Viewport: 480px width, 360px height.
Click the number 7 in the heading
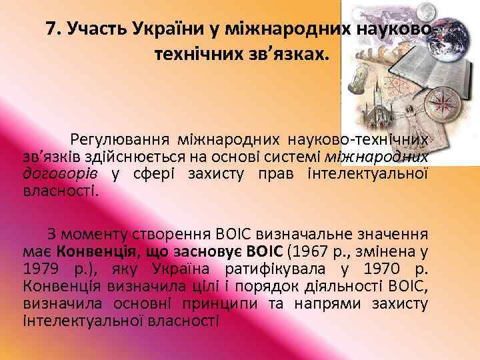[x=51, y=29]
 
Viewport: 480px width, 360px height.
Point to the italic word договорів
[x=59, y=174]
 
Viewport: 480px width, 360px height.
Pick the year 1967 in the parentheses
[x=315, y=253]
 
